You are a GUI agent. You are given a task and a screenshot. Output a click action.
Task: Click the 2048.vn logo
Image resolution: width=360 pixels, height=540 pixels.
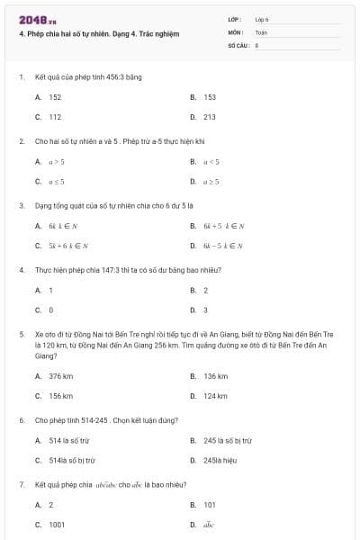(37, 19)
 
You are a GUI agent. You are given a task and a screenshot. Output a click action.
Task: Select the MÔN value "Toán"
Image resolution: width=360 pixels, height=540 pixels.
(261, 31)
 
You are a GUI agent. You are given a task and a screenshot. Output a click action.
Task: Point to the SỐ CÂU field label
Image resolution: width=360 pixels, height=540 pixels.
(237, 43)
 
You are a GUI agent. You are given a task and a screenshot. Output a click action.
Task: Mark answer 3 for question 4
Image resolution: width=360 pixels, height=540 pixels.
(205, 310)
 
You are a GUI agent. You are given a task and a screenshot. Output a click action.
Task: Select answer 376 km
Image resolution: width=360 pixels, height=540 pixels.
(60, 375)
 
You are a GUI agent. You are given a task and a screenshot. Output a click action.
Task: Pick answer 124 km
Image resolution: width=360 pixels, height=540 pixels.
(215, 395)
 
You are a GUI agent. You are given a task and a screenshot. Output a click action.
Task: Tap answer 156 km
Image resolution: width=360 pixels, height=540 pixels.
(60, 395)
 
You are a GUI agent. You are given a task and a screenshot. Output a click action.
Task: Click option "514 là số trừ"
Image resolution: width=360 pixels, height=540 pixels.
(69, 440)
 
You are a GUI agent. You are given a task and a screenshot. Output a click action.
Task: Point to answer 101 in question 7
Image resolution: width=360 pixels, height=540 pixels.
(210, 505)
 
